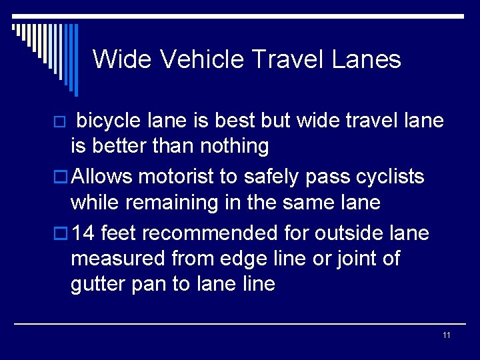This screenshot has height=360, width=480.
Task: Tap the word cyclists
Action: coord(390,177)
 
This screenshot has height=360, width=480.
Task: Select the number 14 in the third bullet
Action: coord(83,233)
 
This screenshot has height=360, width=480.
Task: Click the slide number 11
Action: coord(446,335)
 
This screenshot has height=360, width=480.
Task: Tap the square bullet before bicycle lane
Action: coord(59,122)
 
